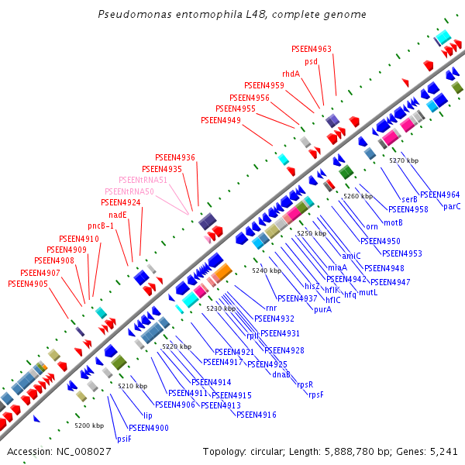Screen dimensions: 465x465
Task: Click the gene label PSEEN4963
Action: coord(312,49)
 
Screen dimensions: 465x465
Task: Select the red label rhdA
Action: coord(291,74)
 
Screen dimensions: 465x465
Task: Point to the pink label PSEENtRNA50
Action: coord(129,191)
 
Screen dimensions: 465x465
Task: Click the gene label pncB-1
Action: coord(101,226)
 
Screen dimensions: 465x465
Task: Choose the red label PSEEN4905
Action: coord(28,284)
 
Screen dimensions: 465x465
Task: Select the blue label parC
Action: coord(452,206)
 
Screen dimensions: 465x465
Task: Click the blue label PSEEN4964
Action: coord(439,195)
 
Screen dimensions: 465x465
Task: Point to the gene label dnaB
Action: coord(281,374)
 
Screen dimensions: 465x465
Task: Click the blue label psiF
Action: coord(124,439)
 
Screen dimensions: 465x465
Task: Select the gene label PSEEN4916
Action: coord(257,415)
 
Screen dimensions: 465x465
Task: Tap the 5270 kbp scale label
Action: coord(404,160)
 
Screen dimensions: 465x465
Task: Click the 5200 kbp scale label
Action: coord(89,425)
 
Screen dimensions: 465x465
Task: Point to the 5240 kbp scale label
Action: coord(267,270)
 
